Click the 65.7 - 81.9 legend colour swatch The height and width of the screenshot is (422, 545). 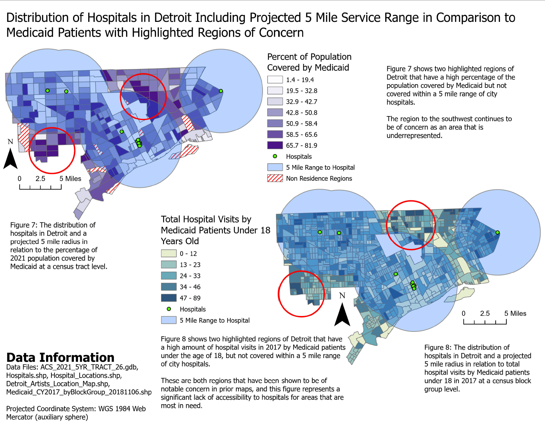[x=275, y=145]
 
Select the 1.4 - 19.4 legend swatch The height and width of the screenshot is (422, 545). [x=275, y=80]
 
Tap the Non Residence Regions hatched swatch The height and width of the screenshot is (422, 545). [x=275, y=178]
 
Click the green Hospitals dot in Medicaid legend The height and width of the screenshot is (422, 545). [x=275, y=156]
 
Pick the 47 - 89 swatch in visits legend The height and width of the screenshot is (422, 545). [x=168, y=298]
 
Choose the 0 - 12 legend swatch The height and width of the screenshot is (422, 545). [x=168, y=253]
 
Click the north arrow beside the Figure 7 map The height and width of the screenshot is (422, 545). [x=10, y=159]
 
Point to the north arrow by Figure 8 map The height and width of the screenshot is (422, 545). [x=342, y=314]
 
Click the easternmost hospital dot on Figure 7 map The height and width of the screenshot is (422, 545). [x=221, y=91]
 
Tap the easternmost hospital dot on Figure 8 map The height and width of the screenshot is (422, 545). [x=498, y=232]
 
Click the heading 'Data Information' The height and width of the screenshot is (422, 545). [x=60, y=357]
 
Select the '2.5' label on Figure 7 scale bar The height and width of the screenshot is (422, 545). [x=40, y=179]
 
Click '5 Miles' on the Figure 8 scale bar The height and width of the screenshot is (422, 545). [x=515, y=313]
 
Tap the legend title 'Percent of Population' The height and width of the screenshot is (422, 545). [x=309, y=57]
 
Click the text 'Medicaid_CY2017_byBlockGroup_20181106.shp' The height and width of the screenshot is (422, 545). [x=79, y=392]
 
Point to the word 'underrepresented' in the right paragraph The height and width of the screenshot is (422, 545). [x=414, y=136]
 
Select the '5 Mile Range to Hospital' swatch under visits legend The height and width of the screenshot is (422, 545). [x=168, y=320]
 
